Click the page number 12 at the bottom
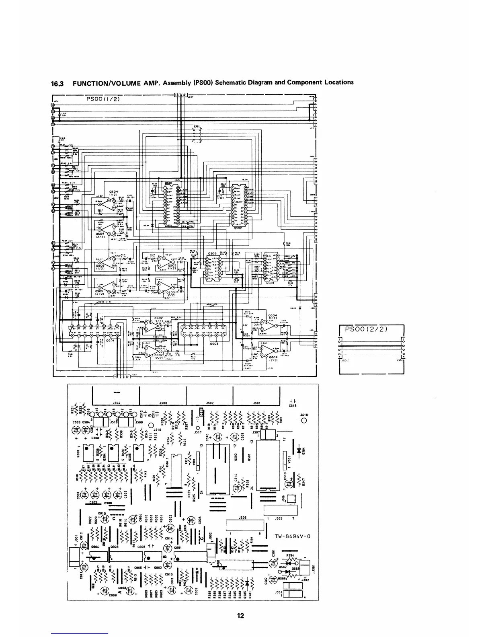[x=241, y=615]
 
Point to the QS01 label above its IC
[x=168, y=182]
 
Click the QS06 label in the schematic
[x=212, y=254]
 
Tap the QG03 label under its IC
[x=214, y=343]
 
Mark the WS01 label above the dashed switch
[x=197, y=126]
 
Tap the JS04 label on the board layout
[x=115, y=402]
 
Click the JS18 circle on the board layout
[x=304, y=421]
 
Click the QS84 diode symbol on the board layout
[x=299, y=450]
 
